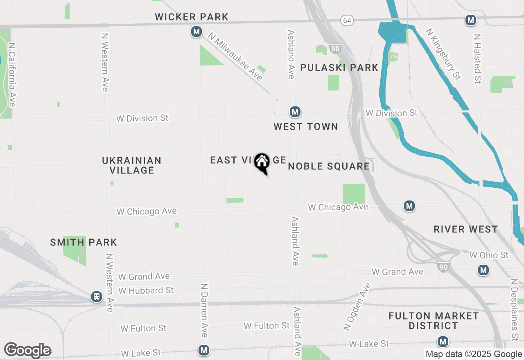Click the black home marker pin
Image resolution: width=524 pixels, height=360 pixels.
coord(262,162)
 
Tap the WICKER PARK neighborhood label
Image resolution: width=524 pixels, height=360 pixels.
coord(192,17)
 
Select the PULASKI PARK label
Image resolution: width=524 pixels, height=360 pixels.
coord(339,68)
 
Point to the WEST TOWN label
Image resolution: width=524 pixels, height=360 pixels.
coord(306,127)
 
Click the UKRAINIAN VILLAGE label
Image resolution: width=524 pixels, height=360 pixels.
coord(132,165)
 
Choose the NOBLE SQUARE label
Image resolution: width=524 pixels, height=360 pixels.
coord(329,166)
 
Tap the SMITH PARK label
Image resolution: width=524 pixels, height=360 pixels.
coord(84,242)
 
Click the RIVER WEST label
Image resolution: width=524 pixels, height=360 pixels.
coord(466,229)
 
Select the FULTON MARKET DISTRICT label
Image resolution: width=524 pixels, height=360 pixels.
coord(434,321)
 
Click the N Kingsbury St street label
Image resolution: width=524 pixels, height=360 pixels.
coord(443,54)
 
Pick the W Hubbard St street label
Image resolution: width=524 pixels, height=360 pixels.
coord(146,290)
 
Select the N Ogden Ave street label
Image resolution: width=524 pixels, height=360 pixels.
coord(357,306)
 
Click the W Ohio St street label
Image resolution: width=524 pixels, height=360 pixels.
coord(489,255)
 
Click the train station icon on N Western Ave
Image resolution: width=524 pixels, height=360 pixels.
coord(97,296)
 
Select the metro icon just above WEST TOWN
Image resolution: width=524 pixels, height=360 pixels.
coord(295,111)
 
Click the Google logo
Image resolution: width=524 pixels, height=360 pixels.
coord(27,350)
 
